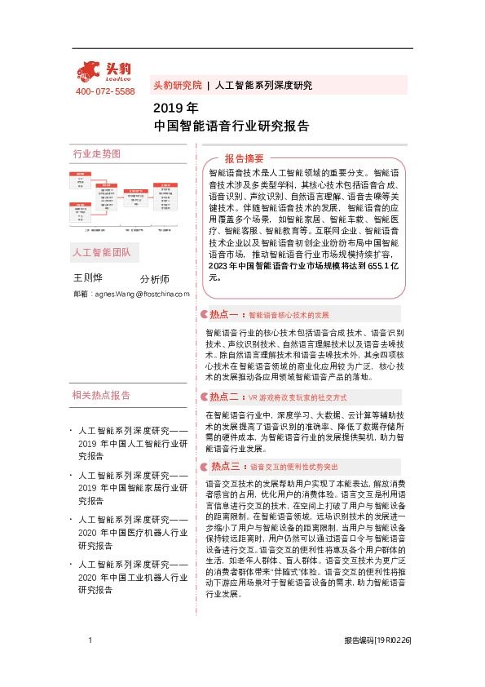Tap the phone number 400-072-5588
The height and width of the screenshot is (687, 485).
[x=105, y=91]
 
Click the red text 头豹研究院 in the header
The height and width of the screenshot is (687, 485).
[x=177, y=85]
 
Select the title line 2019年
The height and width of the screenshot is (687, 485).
[x=175, y=108]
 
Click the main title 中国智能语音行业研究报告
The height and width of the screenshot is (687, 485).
[x=231, y=126]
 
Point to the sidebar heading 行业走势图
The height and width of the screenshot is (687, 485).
[x=96, y=153]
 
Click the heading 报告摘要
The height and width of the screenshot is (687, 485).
[x=244, y=158]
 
